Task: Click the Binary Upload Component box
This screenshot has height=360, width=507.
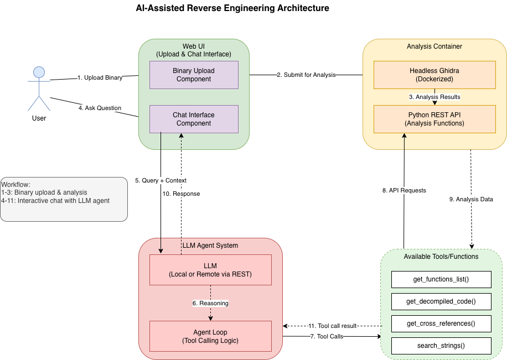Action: click(x=194, y=75)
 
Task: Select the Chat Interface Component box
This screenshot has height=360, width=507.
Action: click(x=194, y=119)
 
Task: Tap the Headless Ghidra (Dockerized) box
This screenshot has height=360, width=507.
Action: click(x=434, y=75)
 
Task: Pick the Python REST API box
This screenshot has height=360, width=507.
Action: click(x=434, y=119)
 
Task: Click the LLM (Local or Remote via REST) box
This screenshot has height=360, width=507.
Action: click(x=210, y=270)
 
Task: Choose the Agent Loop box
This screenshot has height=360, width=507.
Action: click(x=210, y=336)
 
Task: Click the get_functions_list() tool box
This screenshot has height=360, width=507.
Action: click(x=441, y=279)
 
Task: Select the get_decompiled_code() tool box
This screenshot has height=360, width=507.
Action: click(x=441, y=301)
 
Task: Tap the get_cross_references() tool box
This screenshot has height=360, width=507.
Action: click(x=441, y=324)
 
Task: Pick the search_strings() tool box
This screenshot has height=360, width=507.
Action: click(x=441, y=346)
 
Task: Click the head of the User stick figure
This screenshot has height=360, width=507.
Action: click(x=39, y=72)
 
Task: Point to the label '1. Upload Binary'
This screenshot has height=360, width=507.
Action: click(x=100, y=77)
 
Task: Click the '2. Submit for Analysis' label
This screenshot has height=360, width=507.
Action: click(x=306, y=75)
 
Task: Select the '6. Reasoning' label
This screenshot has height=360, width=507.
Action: click(x=210, y=303)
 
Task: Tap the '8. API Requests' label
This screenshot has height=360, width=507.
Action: click(x=404, y=190)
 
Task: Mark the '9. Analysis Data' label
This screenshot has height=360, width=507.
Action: click(x=471, y=199)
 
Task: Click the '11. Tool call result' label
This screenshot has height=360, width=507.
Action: click(x=333, y=326)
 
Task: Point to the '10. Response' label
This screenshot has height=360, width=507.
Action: click(x=181, y=194)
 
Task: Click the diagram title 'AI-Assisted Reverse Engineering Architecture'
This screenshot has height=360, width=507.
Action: click(x=232, y=8)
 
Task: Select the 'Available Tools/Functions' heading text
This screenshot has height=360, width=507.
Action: click(x=441, y=257)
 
